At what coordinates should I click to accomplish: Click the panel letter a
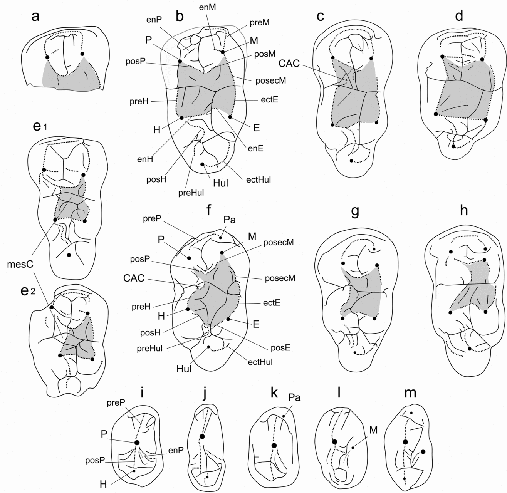(x=35, y=17)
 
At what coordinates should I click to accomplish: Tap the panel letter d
(x=459, y=16)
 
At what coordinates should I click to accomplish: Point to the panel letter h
(x=464, y=210)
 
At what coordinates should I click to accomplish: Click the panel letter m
(x=410, y=394)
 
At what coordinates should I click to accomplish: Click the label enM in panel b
(x=207, y=7)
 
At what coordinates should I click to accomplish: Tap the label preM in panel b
(x=260, y=23)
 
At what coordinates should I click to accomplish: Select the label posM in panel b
(x=265, y=54)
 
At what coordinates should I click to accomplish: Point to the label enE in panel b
(x=255, y=148)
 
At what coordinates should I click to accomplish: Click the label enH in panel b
(x=145, y=159)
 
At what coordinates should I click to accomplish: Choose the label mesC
(x=20, y=264)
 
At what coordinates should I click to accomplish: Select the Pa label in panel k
(x=294, y=398)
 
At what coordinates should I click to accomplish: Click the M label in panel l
(x=373, y=430)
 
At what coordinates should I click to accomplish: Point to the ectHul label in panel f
(x=260, y=362)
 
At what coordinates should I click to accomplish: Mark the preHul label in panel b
(x=191, y=193)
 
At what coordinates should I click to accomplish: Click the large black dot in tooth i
(x=137, y=442)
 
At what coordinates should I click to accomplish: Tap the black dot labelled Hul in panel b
(x=202, y=164)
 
